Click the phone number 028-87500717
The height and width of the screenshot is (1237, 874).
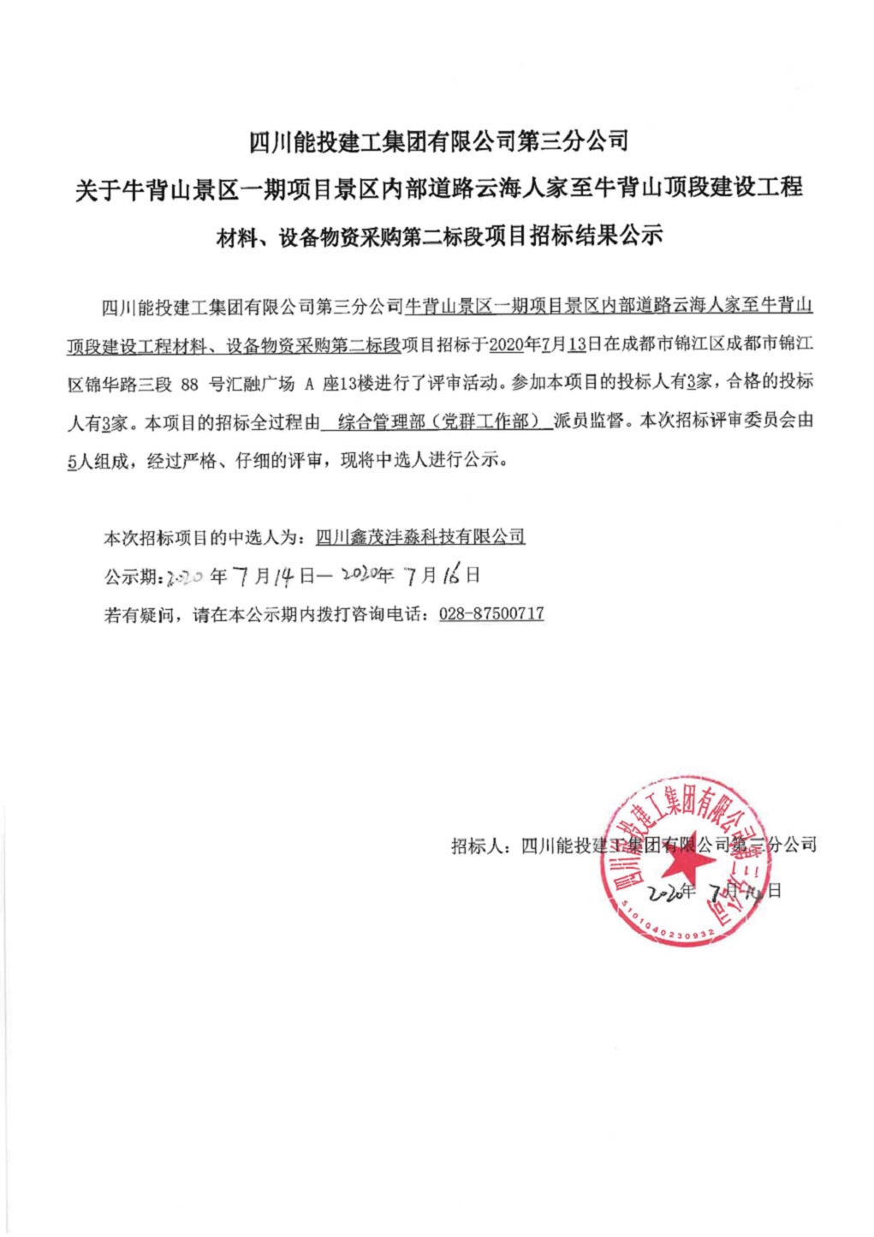tap(491, 613)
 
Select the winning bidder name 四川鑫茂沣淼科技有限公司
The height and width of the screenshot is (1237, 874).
tap(419, 537)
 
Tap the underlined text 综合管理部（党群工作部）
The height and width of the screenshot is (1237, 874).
tap(438, 421)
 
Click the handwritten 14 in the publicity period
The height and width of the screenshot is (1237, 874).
tap(284, 577)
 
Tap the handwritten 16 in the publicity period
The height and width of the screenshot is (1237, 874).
tap(451, 575)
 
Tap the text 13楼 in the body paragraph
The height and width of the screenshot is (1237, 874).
tap(358, 384)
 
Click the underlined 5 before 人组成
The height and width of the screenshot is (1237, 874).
tap(72, 461)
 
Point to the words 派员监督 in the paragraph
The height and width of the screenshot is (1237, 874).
tap(589, 421)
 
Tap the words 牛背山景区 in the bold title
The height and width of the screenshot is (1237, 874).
tap(181, 188)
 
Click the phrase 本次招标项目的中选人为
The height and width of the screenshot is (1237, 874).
tap(203, 538)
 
